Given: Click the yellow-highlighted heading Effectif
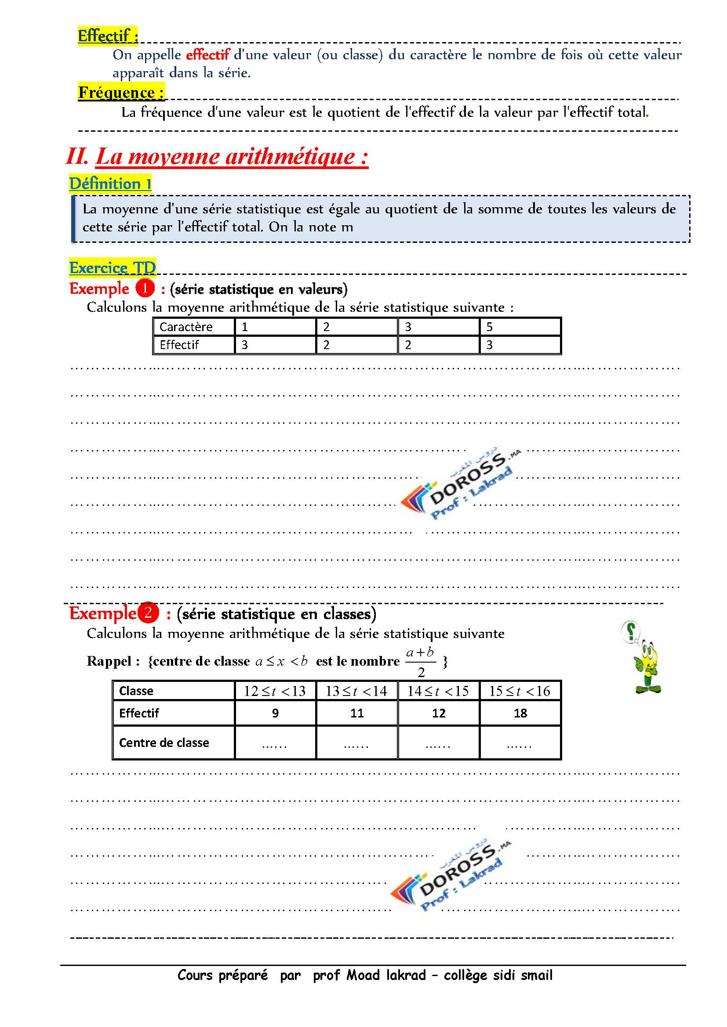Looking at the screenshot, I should point(107,36).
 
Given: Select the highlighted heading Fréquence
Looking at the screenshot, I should point(121,93).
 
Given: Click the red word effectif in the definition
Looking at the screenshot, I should point(208,55).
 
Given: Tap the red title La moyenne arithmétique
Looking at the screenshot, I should point(232,157).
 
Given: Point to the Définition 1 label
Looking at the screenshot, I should point(110,184).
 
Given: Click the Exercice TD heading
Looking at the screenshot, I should point(113,268).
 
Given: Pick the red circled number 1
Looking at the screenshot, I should point(145,288).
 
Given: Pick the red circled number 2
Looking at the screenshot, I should point(148,613).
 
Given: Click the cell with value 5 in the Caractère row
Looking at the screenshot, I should point(490,327).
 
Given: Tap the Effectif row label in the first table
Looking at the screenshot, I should point(179,345).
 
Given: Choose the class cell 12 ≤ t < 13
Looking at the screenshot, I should point(275,691).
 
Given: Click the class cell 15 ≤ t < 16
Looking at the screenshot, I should point(520,691).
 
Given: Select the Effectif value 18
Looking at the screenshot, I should point(520,713).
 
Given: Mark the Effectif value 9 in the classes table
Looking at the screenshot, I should point(275,713).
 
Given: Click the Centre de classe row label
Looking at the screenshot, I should point(164,742).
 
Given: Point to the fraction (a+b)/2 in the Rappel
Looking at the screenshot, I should point(420,662).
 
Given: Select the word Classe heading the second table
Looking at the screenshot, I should point(136,691).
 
